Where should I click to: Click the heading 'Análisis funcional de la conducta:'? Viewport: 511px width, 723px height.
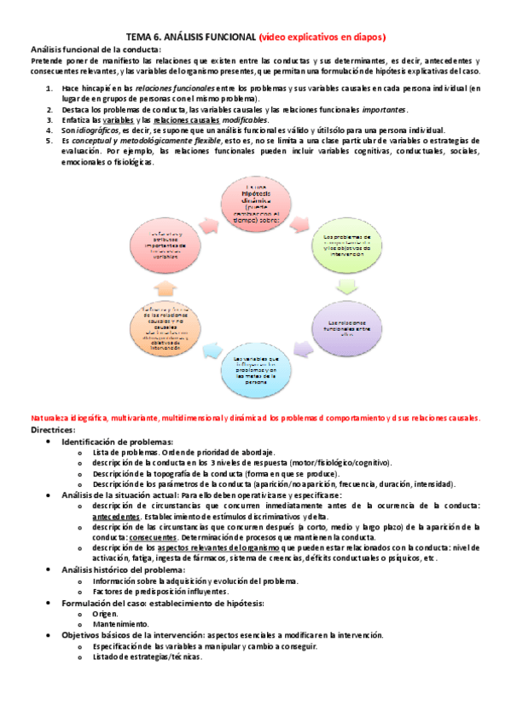pos(95,50)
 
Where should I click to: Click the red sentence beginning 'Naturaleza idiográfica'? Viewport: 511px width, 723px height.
pos(255,418)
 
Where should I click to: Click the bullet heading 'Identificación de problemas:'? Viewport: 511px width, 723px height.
pos(118,442)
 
